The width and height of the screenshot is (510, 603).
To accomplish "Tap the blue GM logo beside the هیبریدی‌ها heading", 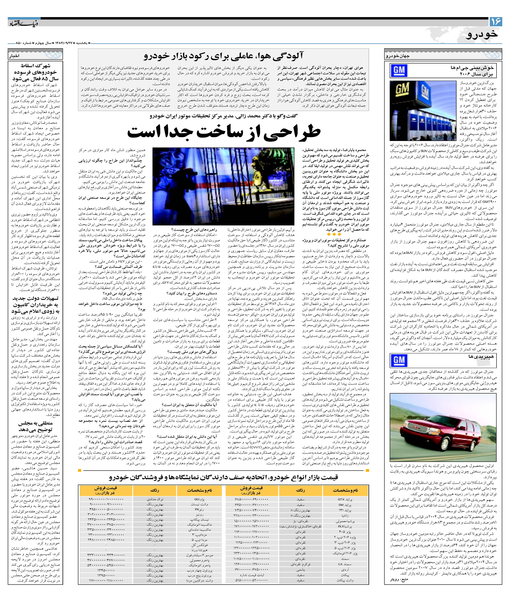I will pyautogui.click(x=399, y=360).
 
